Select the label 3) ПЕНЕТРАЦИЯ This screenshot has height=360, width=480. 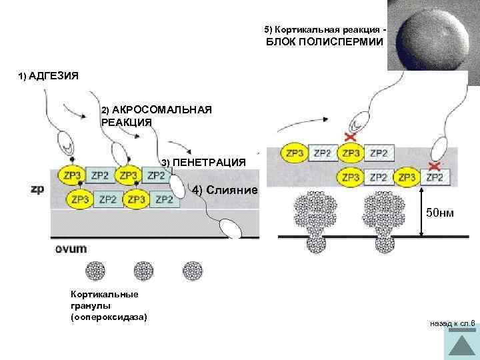click(203, 163)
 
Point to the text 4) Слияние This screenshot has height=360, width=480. click(225, 191)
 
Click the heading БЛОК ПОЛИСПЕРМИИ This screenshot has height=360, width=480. click(325, 42)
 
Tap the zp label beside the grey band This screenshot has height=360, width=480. click(37, 189)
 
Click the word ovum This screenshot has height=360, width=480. click(71, 249)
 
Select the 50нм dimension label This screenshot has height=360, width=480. click(440, 213)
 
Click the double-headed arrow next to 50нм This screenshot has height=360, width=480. click(422, 213)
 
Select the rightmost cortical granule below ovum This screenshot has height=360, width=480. click(192, 271)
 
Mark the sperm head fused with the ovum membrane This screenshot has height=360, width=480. click(232, 227)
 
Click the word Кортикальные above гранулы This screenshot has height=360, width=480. click(95, 294)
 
